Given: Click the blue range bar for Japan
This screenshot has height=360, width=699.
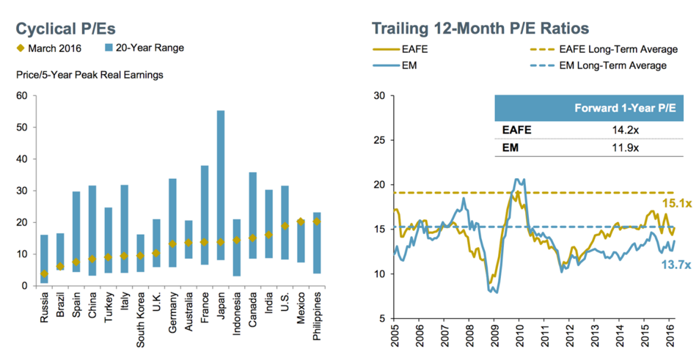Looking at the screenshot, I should [x=220, y=195].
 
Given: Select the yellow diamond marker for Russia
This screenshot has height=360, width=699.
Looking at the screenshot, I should [x=45, y=273].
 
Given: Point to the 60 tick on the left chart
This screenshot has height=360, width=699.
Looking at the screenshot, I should [x=22, y=96].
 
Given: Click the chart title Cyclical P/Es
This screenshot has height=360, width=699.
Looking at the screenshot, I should [x=66, y=29].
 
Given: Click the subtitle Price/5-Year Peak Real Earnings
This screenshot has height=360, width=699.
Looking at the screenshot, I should [x=89, y=75].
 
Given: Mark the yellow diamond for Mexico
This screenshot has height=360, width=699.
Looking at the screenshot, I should [x=301, y=221].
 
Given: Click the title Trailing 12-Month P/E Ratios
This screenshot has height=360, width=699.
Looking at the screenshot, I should [x=480, y=29].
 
